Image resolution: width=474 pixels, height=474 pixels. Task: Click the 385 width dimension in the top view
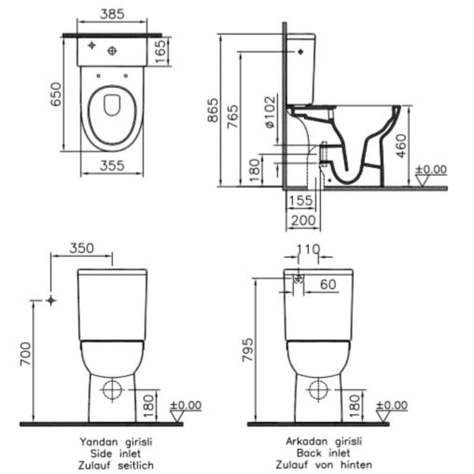112,13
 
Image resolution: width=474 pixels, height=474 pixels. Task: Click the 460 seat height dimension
400,146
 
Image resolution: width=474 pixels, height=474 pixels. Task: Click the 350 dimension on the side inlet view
81,249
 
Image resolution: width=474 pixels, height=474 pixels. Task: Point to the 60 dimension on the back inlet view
328,285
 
